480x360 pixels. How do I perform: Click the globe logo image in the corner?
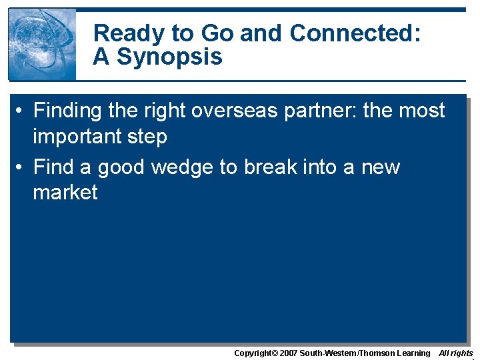click(42, 45)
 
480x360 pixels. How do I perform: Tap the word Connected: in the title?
click(355, 33)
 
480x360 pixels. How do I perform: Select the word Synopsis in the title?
click(169, 57)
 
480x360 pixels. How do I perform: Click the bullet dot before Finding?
click(22, 111)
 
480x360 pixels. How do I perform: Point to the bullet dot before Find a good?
click(22, 167)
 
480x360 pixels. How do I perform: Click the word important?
click(78, 137)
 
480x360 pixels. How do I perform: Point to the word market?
click(65, 192)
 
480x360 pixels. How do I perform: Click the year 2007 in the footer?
click(287, 353)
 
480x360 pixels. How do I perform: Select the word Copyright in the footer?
click(252, 353)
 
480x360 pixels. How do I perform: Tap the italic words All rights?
click(455, 353)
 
